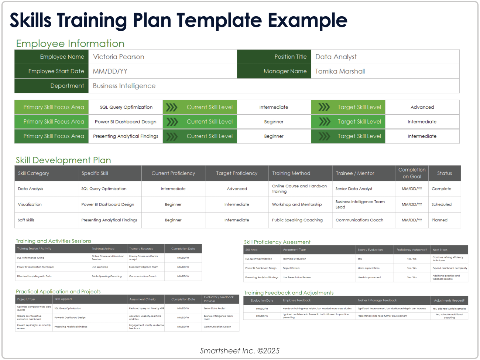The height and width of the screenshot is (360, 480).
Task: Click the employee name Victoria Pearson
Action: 119,57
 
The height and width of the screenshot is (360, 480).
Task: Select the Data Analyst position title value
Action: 336,57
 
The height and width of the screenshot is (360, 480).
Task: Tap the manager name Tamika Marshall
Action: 340,71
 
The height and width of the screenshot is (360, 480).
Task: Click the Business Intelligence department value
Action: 124,86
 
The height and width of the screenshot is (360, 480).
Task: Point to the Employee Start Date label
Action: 56,71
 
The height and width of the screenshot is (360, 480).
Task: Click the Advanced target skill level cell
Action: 422,107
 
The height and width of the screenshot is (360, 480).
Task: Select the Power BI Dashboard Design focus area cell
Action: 126,122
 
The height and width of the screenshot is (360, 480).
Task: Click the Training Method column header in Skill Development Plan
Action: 291,173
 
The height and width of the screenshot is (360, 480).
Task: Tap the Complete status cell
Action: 441,189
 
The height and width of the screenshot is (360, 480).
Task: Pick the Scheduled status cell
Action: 441,204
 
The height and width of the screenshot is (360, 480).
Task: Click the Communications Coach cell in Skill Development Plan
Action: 359,220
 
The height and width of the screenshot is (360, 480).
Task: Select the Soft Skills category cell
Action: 26,220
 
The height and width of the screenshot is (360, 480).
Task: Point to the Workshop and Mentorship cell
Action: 297,204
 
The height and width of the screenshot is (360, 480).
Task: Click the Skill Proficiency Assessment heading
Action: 277,242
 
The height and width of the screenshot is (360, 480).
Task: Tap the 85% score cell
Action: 360,259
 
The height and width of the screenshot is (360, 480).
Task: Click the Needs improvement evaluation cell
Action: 369,277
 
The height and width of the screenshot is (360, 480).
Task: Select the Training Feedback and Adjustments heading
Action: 288,293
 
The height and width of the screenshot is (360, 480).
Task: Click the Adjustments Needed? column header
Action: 449,300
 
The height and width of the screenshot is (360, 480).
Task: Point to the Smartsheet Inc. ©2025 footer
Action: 240,351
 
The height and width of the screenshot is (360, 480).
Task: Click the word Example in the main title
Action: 307,20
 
